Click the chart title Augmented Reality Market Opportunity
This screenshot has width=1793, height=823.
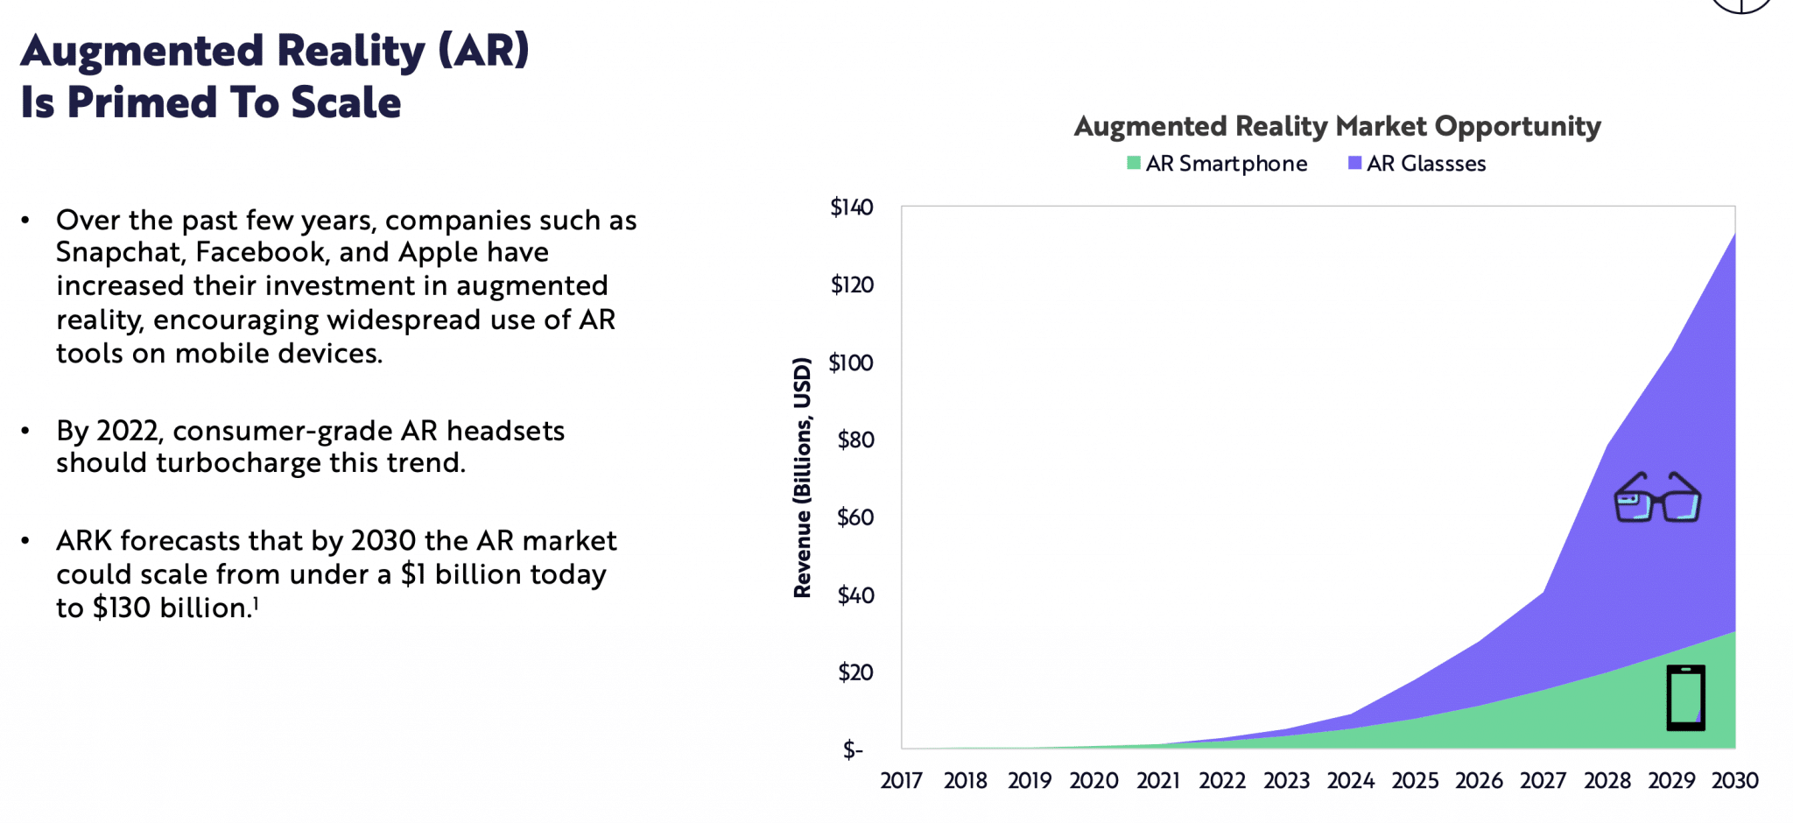pos(1337,126)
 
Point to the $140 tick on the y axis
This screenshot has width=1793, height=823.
pos(851,208)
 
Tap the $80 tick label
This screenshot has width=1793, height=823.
pos(854,440)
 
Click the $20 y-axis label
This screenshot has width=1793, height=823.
pos(854,672)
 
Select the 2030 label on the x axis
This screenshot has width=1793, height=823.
pos(1734,780)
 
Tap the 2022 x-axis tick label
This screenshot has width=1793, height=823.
pos(1222,780)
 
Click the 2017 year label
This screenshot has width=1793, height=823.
pos(901,780)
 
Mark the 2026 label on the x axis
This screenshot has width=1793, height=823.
pos(1479,780)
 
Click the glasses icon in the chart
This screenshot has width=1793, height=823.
pos(1656,498)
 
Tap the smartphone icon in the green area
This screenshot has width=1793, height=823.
pos(1685,698)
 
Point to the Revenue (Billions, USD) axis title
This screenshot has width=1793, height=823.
pos(802,477)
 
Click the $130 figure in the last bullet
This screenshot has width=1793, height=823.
pos(122,608)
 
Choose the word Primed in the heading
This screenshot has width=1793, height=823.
pos(142,102)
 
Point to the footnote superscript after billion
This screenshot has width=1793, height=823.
pos(256,601)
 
